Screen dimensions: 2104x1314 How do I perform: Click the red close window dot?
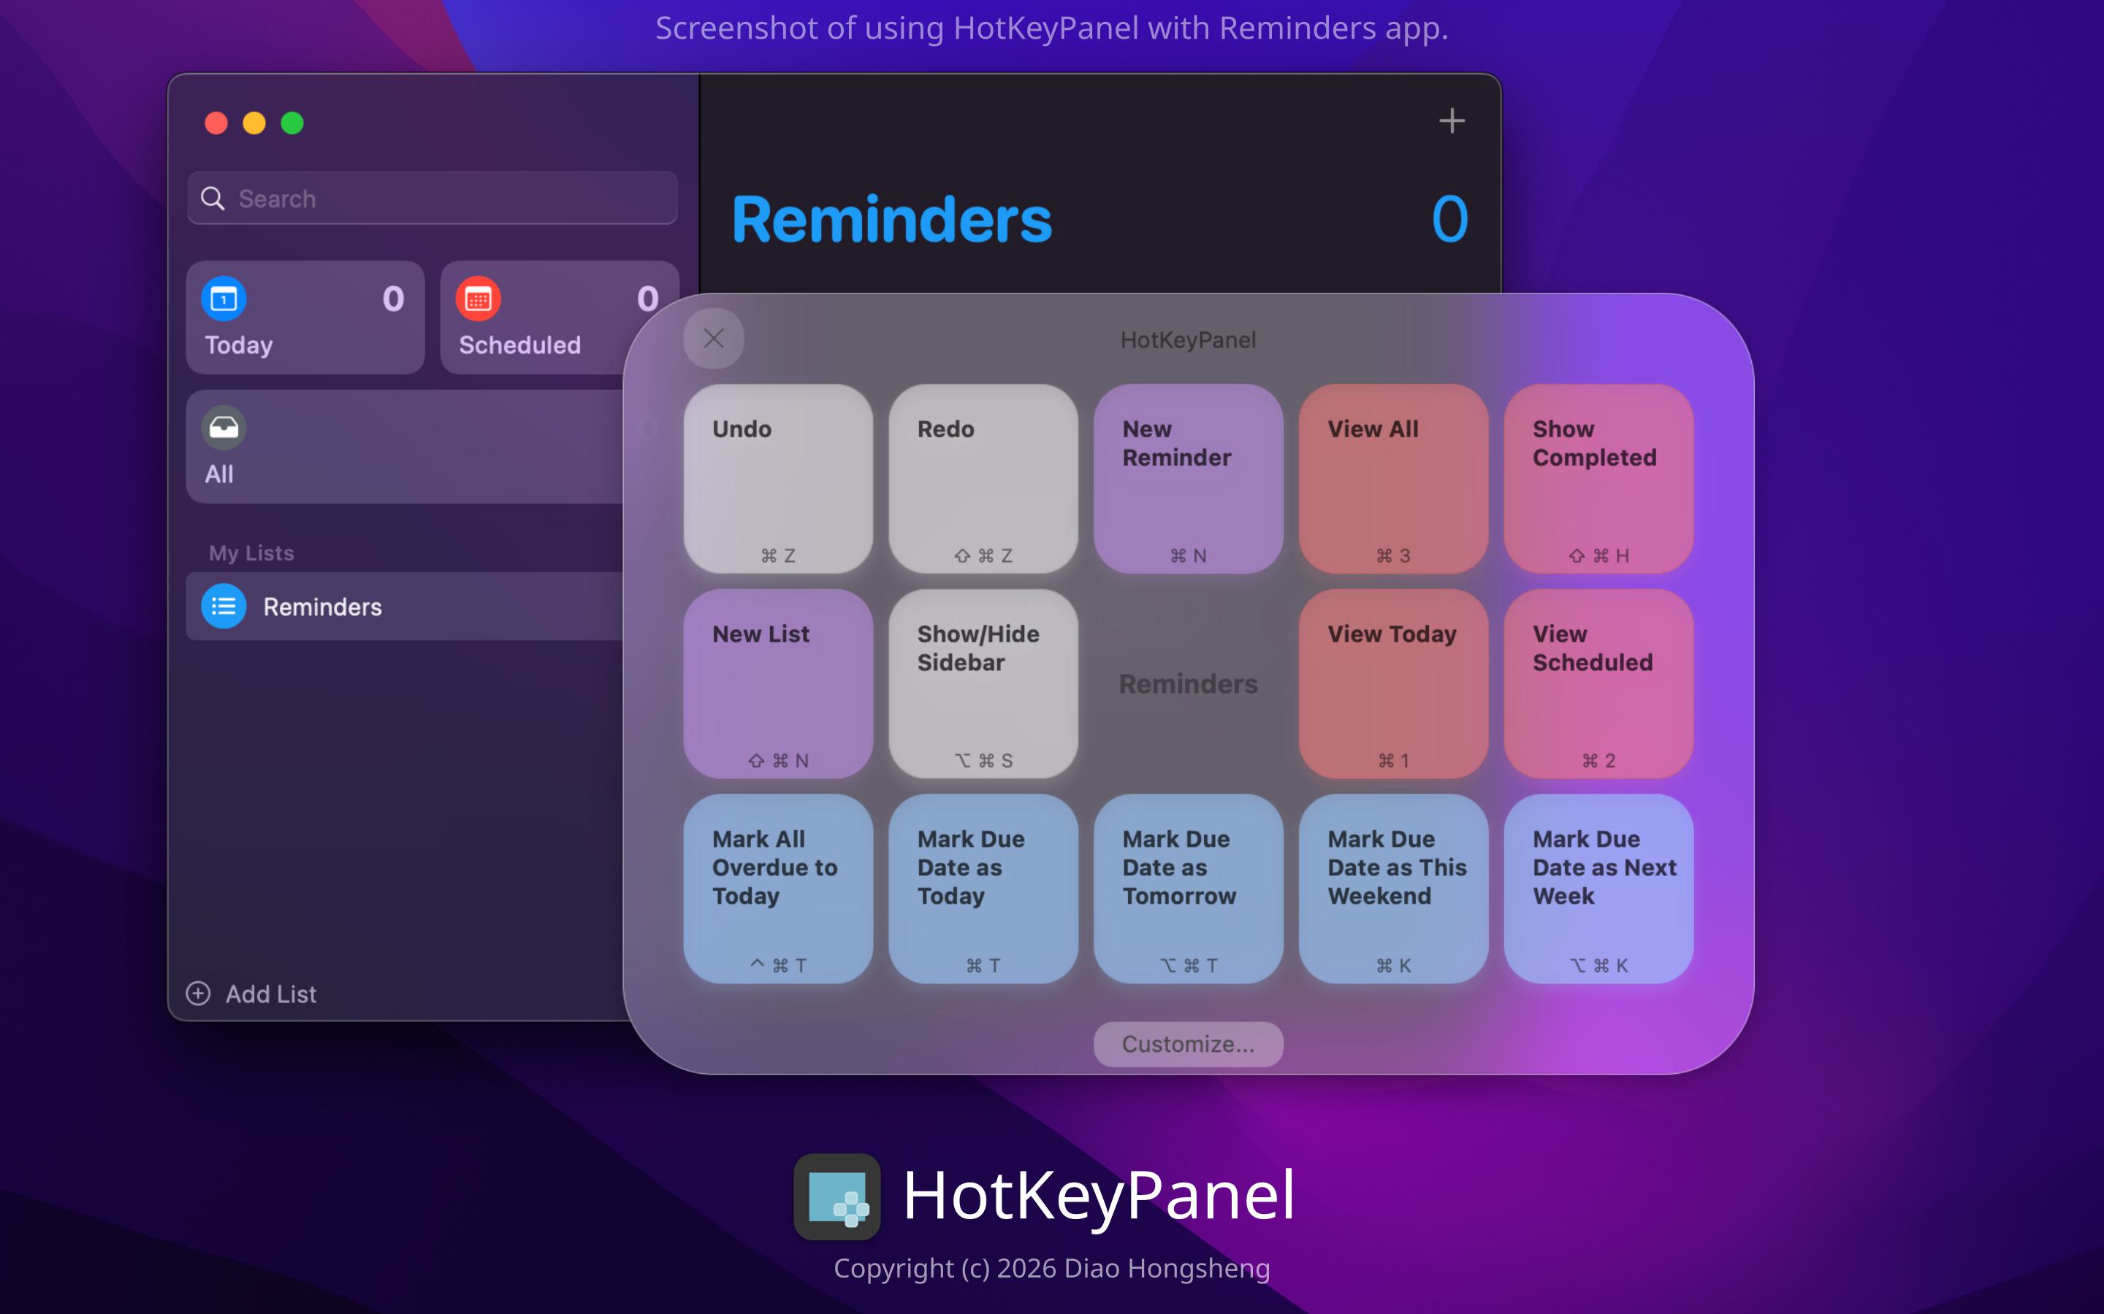tap(216, 123)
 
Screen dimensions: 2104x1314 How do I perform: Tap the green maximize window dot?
tap(292, 123)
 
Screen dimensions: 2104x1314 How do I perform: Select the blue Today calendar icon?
tap(224, 299)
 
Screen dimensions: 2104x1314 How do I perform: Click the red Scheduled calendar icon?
tap(479, 299)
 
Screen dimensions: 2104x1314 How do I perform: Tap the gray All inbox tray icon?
tap(224, 428)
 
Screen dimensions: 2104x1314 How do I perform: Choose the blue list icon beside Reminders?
tap(224, 607)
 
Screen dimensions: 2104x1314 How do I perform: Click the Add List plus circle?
tap(198, 994)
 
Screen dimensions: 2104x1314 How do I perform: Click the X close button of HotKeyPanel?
tap(714, 339)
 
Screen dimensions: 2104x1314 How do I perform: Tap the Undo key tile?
tap(778, 479)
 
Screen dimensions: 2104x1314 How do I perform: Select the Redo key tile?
tap(983, 479)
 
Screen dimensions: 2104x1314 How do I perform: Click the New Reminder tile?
tap(1189, 479)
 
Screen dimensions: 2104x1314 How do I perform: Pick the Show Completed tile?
tap(1599, 479)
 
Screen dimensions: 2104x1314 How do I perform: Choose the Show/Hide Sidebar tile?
tap(983, 684)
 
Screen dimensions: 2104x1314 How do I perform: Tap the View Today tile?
tap(1394, 684)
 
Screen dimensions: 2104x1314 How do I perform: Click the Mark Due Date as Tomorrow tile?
tap(1189, 889)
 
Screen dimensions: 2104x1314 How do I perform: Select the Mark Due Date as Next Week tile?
tap(1599, 889)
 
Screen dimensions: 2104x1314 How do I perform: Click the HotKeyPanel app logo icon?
tap(837, 1196)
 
